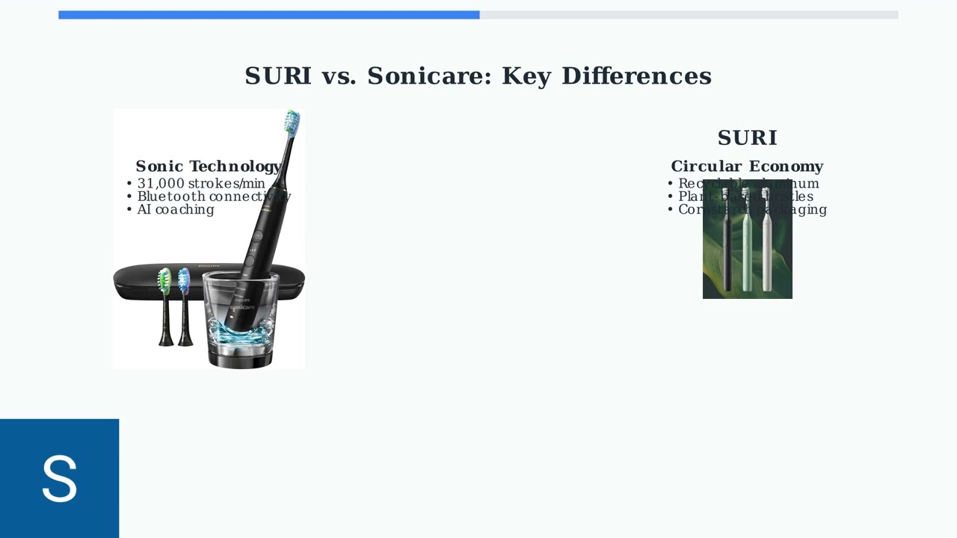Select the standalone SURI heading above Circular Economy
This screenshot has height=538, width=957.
(x=747, y=138)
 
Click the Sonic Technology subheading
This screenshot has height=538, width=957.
(x=208, y=167)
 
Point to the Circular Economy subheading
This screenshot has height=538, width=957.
(x=747, y=167)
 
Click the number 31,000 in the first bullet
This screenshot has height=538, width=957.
(x=161, y=184)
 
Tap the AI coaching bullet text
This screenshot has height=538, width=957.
(x=176, y=210)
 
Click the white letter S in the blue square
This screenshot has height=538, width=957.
(x=59, y=478)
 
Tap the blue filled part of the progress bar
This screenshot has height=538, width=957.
(x=269, y=15)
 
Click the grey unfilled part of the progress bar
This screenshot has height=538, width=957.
(x=688, y=15)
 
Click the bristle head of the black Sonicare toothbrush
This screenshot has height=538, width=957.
(x=292, y=121)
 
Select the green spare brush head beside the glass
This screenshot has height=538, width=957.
(x=164, y=282)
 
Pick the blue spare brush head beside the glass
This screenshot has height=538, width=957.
(x=184, y=281)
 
